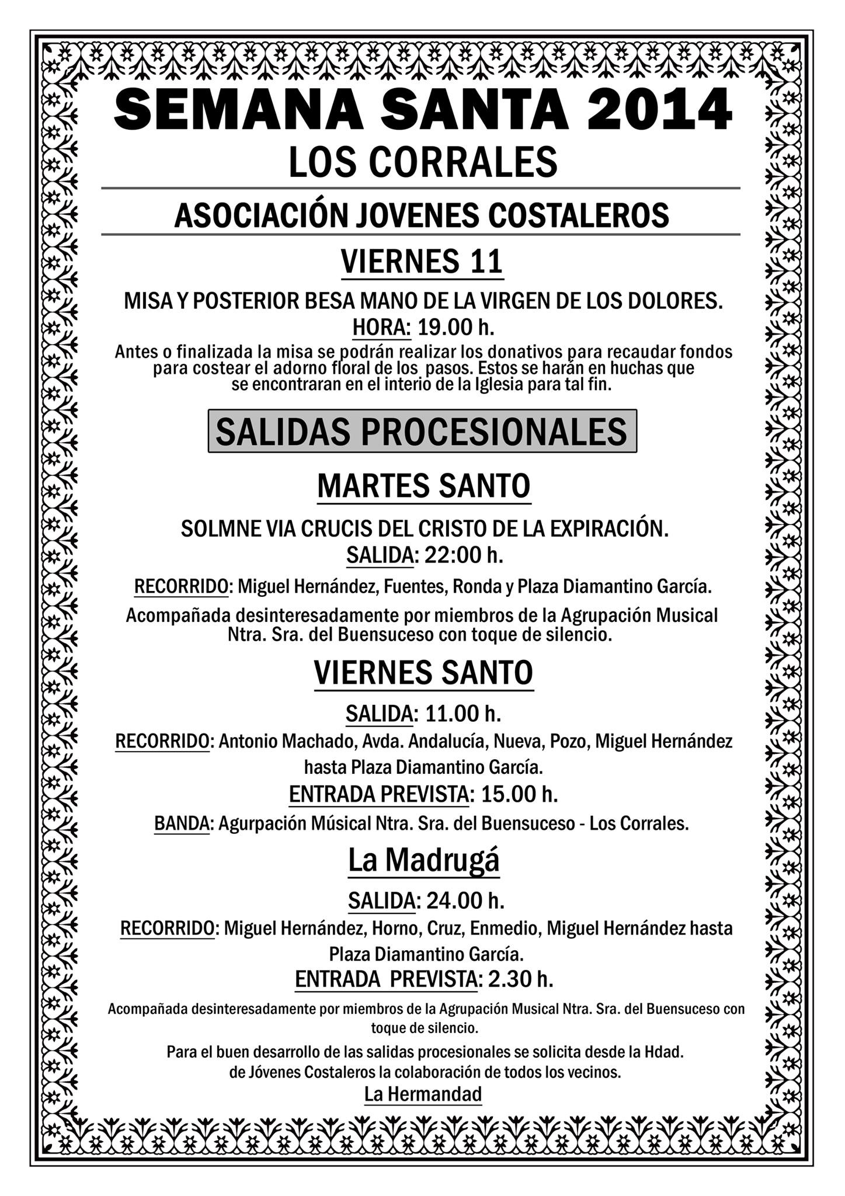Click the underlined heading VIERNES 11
422,261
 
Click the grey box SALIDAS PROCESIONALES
422,432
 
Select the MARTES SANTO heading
423,486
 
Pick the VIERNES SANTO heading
423,673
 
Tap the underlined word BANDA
182,823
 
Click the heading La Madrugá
423,859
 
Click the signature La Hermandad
423,1094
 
